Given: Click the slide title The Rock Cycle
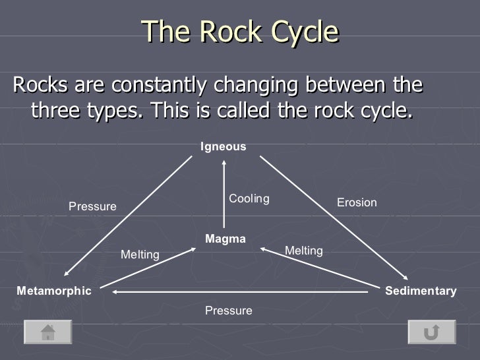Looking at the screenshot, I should pos(240,31).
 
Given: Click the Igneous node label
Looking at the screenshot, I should pos(224,147).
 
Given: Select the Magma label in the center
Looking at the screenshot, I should pos(225,239).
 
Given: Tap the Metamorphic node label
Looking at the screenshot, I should pos(54,291).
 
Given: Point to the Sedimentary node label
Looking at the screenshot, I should pos(421,291).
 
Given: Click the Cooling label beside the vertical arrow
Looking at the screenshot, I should pos(249,198).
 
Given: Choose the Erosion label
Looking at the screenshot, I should pos(357,202).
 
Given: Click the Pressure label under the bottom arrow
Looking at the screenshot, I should pos(228,310).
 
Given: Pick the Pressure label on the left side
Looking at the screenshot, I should pos(92,206).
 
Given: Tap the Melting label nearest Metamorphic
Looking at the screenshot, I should pos(140,255).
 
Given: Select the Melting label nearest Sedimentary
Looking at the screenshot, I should pos(303,251).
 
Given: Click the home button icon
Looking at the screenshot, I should pos(48,332).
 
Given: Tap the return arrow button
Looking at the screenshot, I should pos(431,332).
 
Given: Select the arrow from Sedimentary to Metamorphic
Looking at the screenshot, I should pos(237,291).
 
